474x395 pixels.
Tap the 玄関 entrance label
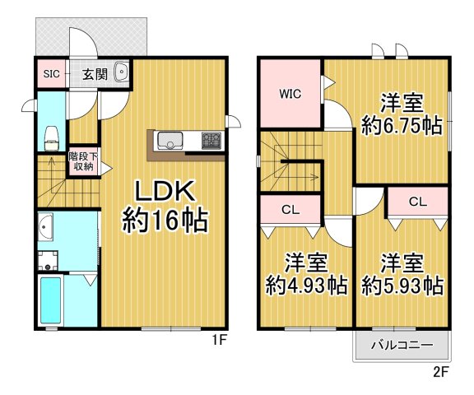(93, 74)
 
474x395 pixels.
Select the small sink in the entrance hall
(123, 72)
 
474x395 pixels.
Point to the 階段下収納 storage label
(81, 160)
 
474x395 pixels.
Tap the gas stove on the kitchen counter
(210, 140)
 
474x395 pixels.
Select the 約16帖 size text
(164, 221)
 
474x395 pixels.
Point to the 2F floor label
(442, 371)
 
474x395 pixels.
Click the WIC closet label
(290, 93)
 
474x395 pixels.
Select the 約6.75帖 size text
(402, 127)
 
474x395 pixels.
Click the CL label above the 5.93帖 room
(417, 201)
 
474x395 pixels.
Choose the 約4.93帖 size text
(306, 286)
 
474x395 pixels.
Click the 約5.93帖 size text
(402, 286)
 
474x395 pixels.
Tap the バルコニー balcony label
(402, 346)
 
